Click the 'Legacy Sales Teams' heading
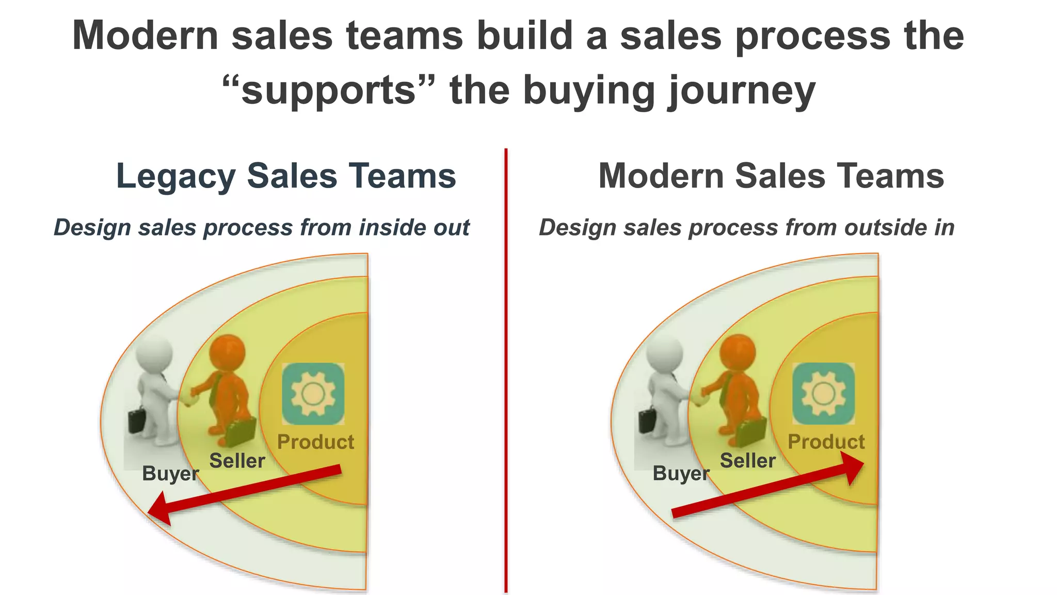tap(286, 176)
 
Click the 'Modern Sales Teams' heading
tap(771, 176)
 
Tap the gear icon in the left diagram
tap(313, 394)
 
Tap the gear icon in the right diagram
tap(823, 394)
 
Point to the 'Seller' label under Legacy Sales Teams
tap(237, 461)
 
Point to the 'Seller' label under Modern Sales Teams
tap(747, 461)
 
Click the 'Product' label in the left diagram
tap(315, 442)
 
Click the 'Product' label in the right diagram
tap(826, 442)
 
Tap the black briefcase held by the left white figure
tap(137, 421)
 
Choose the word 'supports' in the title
tap(329, 90)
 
